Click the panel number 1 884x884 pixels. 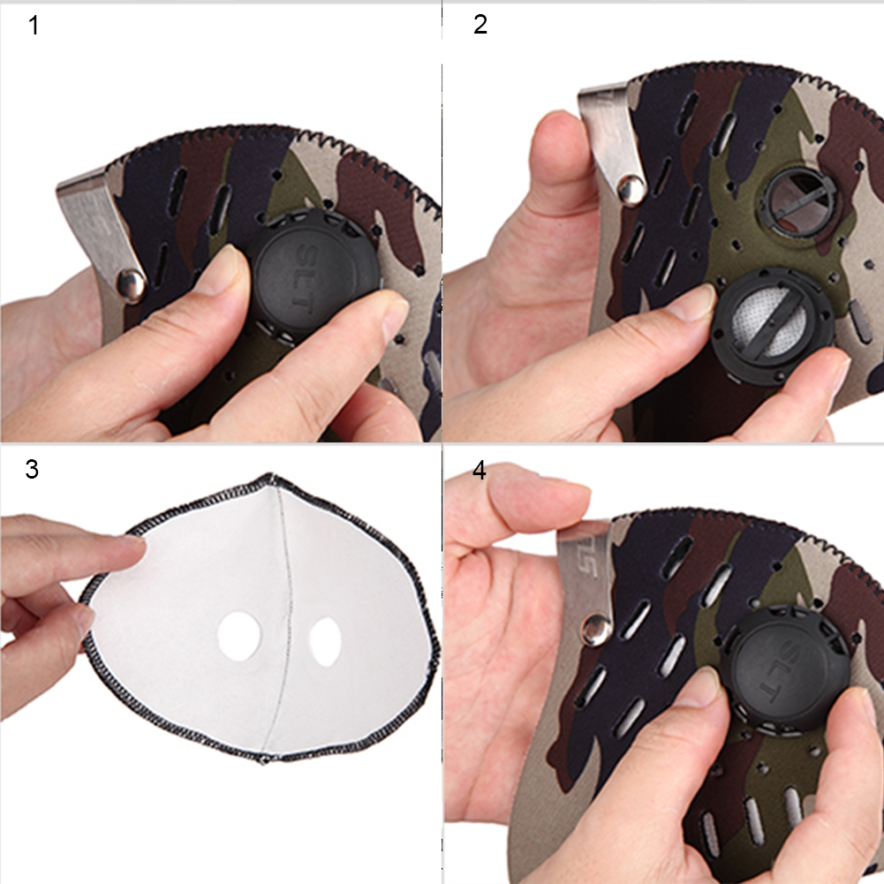pyautogui.click(x=34, y=26)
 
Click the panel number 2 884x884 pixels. pyautogui.click(x=480, y=25)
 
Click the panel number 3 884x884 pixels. pyautogui.click(x=32, y=469)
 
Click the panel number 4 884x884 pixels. pyautogui.click(x=480, y=470)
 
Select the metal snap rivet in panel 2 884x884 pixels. pyautogui.click(x=631, y=189)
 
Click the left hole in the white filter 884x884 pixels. pyautogui.click(x=239, y=636)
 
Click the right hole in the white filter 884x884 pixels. pyautogui.click(x=325, y=641)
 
